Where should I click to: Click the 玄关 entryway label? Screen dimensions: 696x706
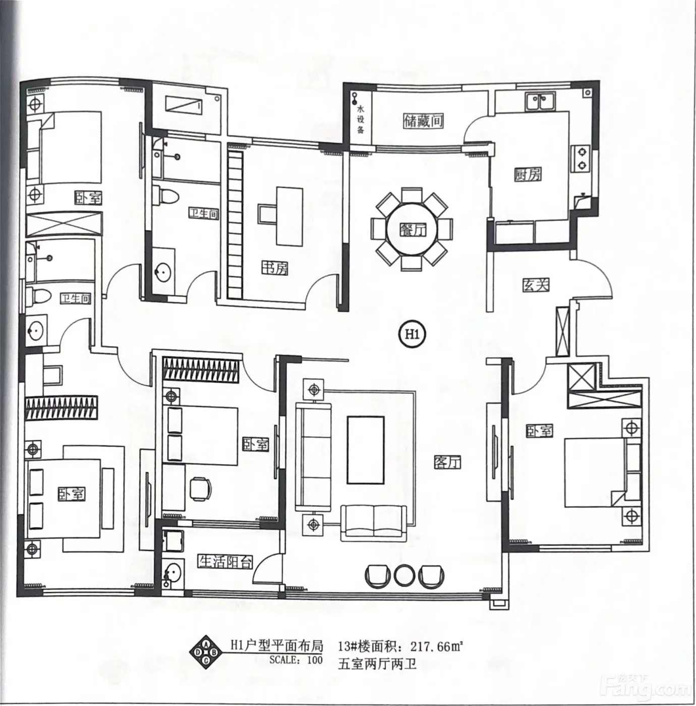coord(536,285)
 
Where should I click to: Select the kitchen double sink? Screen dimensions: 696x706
coord(540,102)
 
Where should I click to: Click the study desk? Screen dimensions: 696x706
coord(289,216)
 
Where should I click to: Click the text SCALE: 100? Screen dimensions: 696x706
coord(296,670)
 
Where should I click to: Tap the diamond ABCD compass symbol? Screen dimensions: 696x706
coord(206,663)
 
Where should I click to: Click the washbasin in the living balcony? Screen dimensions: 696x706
coord(172,573)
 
